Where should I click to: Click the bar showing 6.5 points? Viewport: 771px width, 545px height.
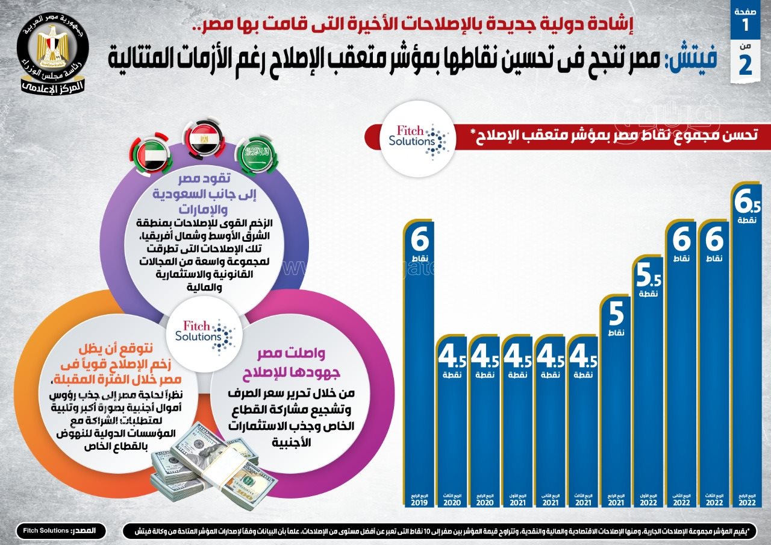tap(745, 350)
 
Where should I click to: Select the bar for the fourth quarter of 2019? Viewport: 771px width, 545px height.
tap(419, 362)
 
